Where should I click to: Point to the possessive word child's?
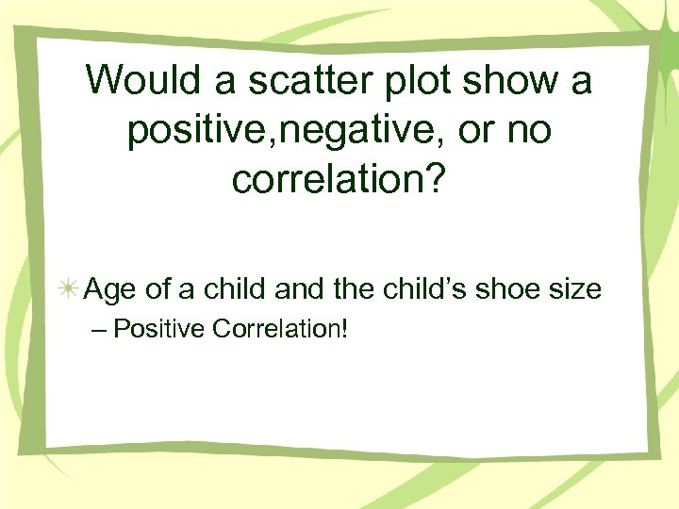[435, 288]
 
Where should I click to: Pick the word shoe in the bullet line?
[517, 288]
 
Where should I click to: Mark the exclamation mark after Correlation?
[345, 331]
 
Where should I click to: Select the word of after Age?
[158, 288]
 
